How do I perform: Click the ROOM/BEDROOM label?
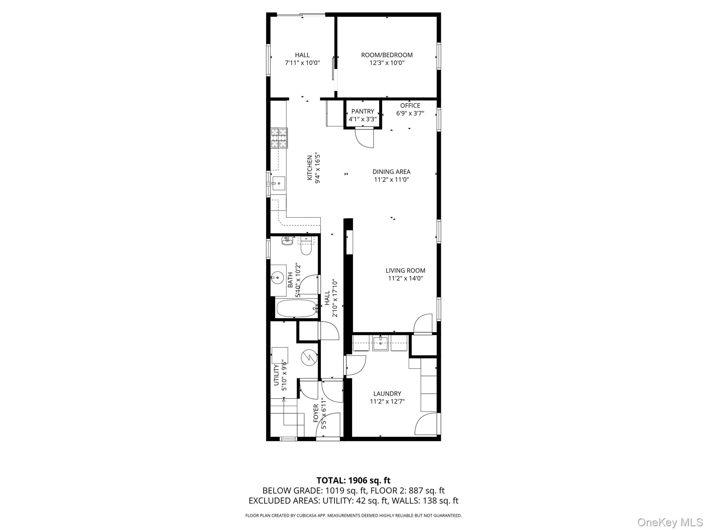pos(387,55)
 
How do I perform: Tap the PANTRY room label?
pos(362,111)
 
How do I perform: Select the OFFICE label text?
pos(410,106)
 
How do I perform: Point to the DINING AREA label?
pos(391,172)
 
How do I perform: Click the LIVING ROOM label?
pos(405,271)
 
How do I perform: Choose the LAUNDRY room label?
pos(387,394)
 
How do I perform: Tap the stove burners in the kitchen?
pos(279,138)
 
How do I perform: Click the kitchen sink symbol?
pos(278,184)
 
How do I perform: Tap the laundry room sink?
pos(380,343)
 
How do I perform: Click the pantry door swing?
pos(365,138)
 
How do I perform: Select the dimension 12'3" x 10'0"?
pos(387,63)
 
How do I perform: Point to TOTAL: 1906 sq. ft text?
pos(353,480)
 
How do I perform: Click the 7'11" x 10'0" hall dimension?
pos(302,63)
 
